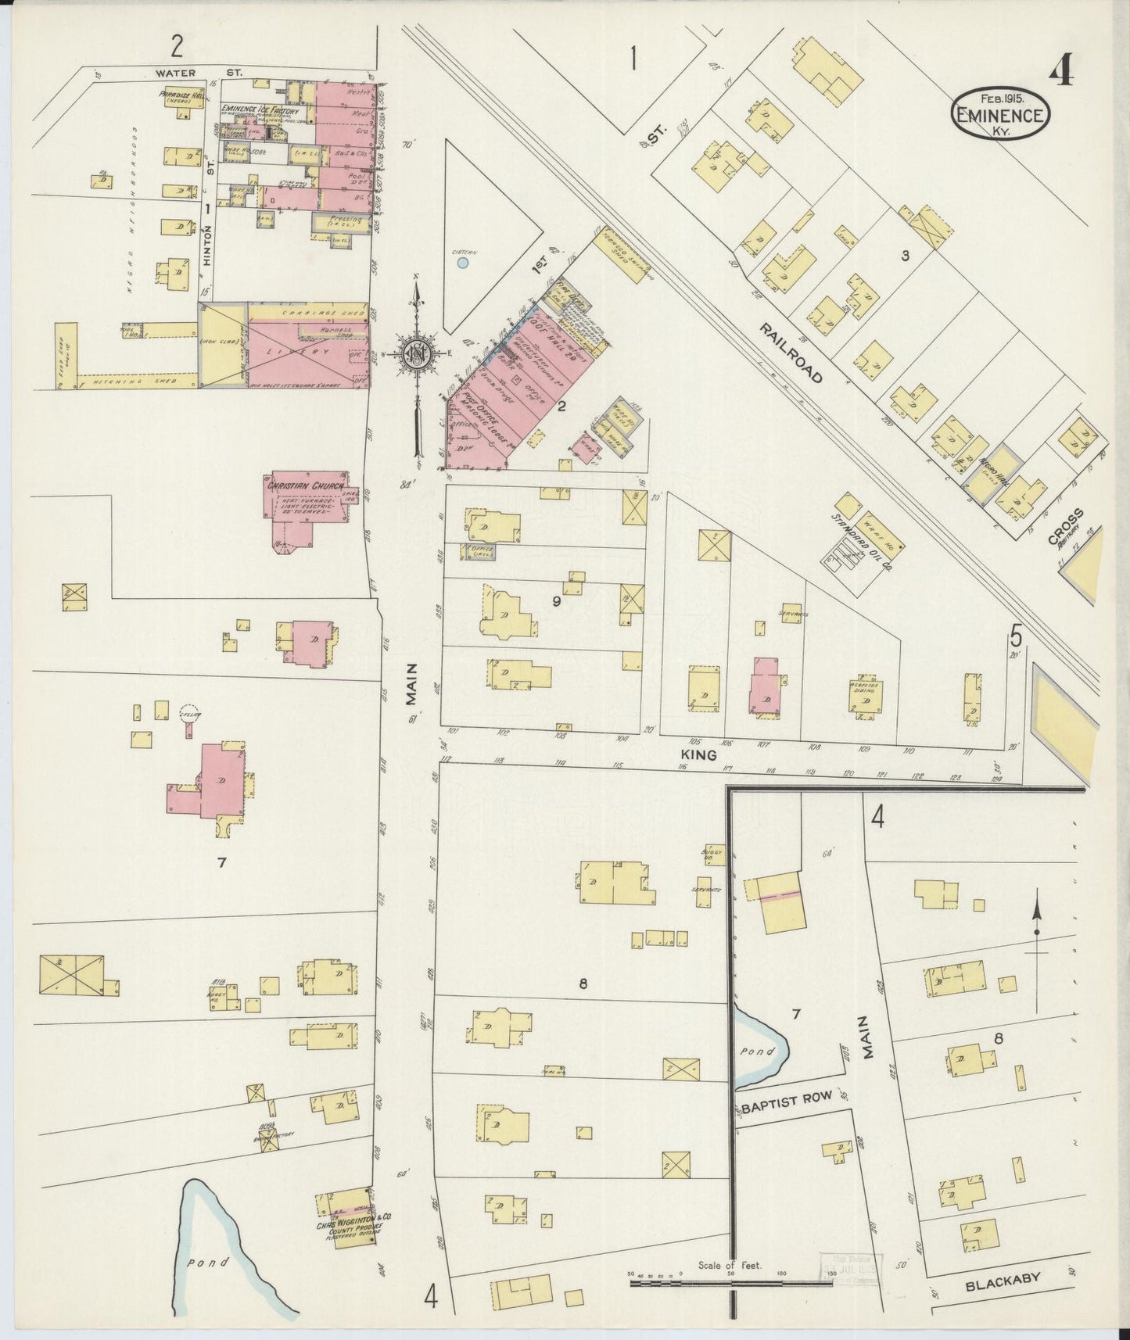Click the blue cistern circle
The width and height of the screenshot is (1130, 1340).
(463, 263)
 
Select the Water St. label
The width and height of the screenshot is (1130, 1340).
(199, 73)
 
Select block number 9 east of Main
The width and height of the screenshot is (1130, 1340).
(556, 601)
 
